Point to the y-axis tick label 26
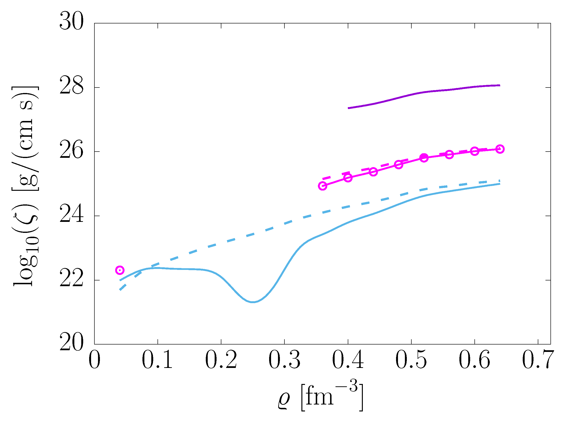click(x=71, y=151)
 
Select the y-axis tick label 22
click(x=71, y=279)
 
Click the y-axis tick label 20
click(x=71, y=344)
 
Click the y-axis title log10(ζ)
click(x=26, y=186)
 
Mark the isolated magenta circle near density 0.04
click(x=120, y=270)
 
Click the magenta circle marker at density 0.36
click(x=322, y=186)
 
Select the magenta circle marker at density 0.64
click(x=500, y=149)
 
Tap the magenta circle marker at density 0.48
click(x=399, y=165)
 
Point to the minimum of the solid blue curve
click(x=253, y=302)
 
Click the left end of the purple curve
click(x=349, y=108)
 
